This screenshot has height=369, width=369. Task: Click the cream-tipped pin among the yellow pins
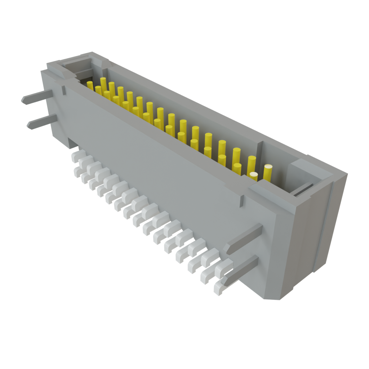(254, 176)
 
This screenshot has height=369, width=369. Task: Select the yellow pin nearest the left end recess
(90, 86)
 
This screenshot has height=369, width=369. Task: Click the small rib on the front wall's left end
(63, 90)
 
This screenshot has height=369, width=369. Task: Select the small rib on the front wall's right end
(241, 201)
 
